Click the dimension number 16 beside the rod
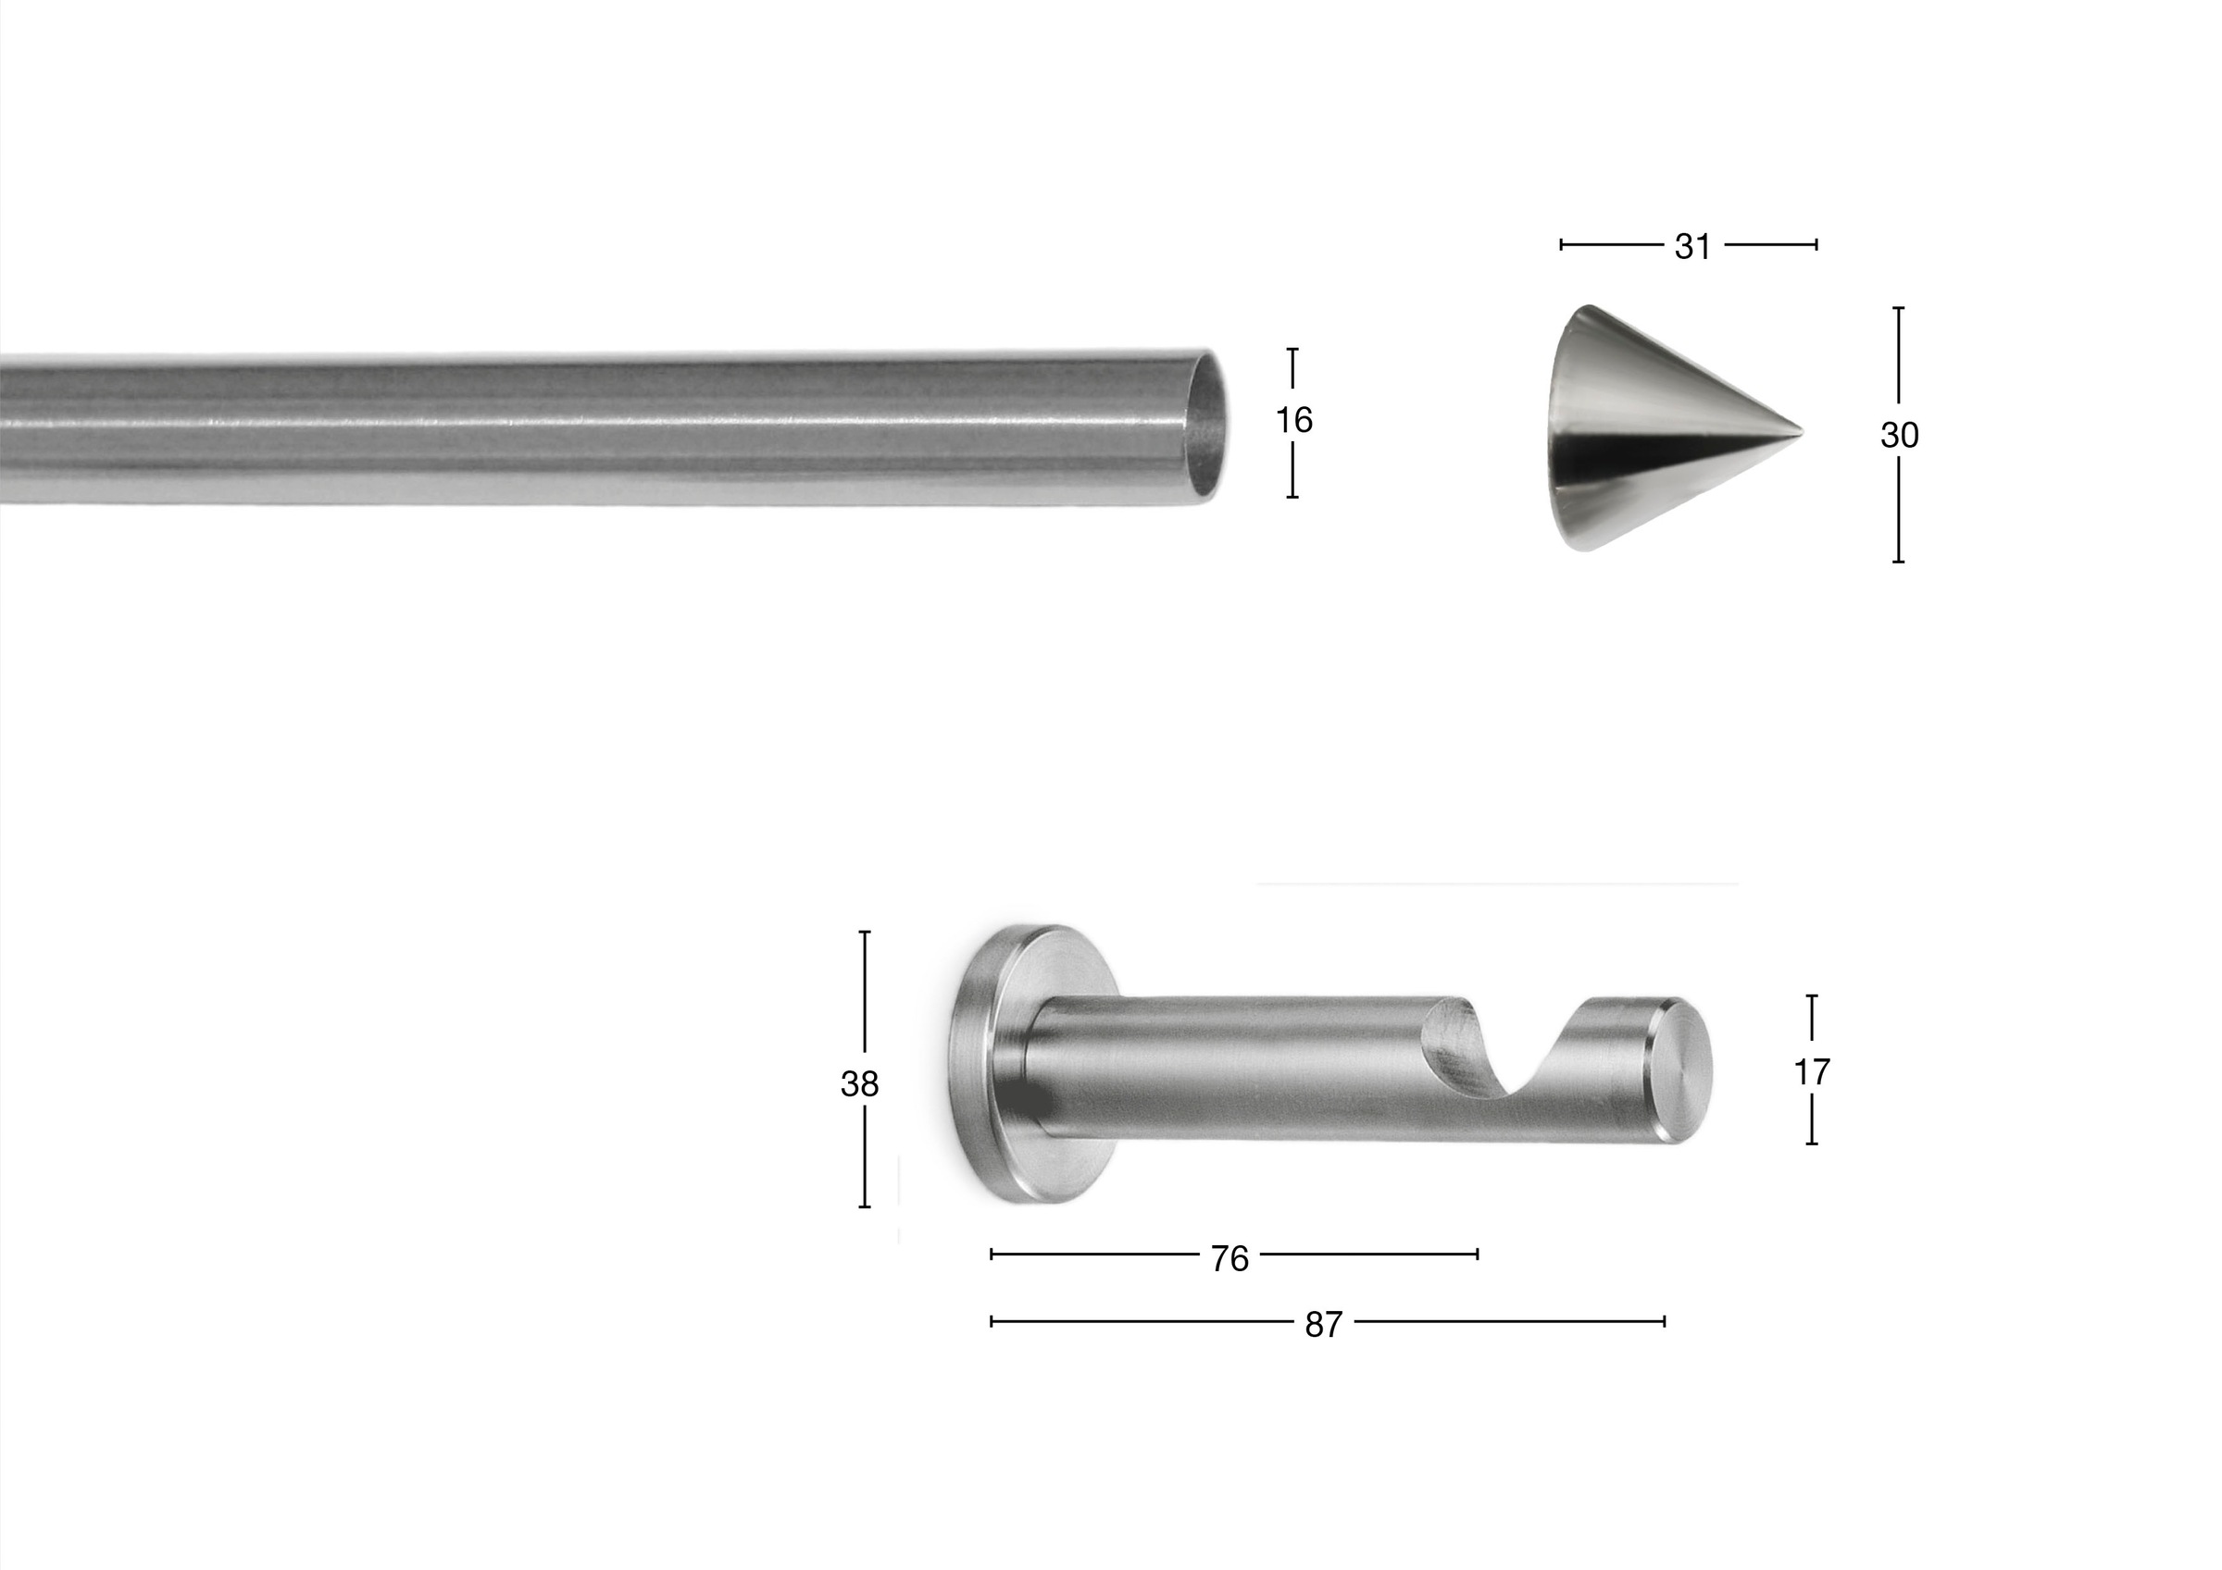1293,421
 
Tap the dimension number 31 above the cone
1692,247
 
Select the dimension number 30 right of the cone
1899,436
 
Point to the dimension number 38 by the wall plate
859,1084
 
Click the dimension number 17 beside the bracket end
1812,1072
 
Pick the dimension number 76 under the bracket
1230,1258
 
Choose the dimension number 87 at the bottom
1323,1324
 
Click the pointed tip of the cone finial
1800,428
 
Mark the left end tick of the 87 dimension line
992,1320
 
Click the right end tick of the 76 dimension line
1477,1255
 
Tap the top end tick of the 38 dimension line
864,932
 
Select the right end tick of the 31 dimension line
1816,245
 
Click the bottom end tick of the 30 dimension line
1899,561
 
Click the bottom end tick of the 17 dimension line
1812,1144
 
